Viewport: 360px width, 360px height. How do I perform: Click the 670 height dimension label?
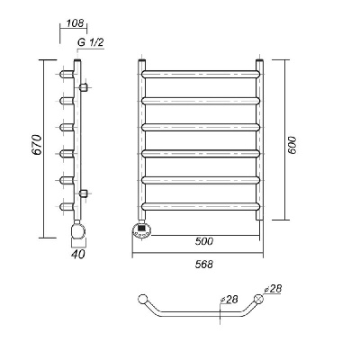[x=37, y=145]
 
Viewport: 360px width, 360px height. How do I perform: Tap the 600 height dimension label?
[x=292, y=145]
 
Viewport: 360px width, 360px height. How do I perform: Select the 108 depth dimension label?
[x=75, y=23]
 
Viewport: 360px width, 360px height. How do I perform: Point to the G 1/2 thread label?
[x=91, y=42]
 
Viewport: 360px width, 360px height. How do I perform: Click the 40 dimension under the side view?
[x=78, y=254]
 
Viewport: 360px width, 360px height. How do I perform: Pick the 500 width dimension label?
[x=204, y=241]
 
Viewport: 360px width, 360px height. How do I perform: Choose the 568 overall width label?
[x=204, y=265]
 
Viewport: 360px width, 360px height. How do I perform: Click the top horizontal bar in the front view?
[x=201, y=75]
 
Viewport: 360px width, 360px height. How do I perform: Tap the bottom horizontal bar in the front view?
[x=201, y=206]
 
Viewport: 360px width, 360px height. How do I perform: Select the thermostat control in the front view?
[x=142, y=230]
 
